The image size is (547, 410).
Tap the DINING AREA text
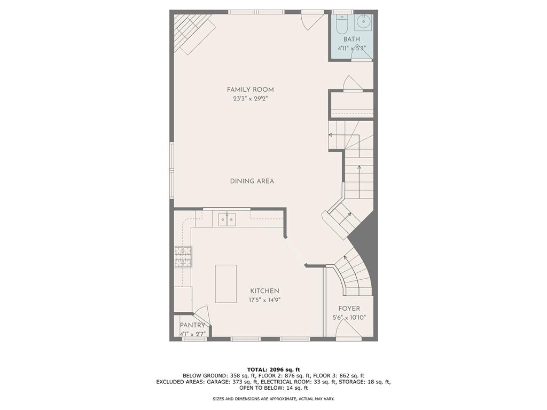pos(252,181)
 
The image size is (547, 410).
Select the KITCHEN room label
pos(264,291)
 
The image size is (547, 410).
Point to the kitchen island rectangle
pos(225,283)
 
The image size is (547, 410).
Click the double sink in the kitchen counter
pos(226,219)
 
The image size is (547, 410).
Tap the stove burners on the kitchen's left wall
pos(183,257)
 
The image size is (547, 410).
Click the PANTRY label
pos(192,325)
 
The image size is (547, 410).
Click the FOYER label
pos(349,309)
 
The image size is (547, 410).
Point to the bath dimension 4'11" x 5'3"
pos(351,48)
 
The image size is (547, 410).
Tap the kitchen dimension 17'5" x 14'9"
pos(265,300)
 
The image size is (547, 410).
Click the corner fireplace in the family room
pos(193,32)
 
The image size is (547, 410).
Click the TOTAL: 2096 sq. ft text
pos(273,369)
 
